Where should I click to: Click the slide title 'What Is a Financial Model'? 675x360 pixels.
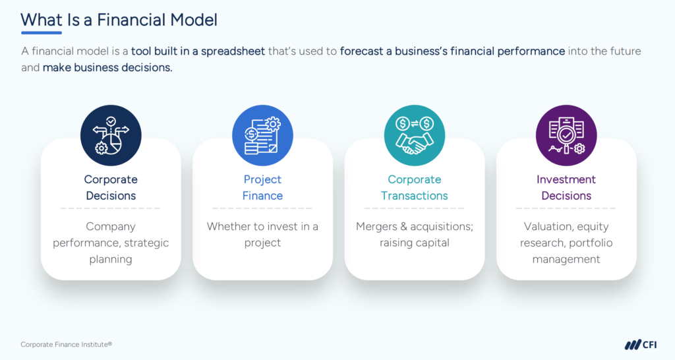[x=119, y=19]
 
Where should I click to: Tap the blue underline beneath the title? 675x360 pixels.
[x=41, y=32]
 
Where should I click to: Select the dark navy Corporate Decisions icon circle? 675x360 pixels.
[x=111, y=135]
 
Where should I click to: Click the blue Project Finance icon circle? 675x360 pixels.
[x=262, y=135]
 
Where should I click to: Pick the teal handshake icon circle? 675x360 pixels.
[x=415, y=135]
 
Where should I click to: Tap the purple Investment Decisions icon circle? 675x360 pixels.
[x=566, y=135]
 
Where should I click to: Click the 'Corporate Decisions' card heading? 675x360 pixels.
[x=111, y=187]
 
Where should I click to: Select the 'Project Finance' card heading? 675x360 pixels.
[x=262, y=187]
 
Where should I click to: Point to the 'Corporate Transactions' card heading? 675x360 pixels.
[x=415, y=187]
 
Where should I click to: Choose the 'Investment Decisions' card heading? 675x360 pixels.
[x=566, y=187]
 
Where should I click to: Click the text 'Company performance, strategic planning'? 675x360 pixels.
[x=111, y=243]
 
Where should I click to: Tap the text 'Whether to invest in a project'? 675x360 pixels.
[x=262, y=234]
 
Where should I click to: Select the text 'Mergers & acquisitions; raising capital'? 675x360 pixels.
[x=415, y=234]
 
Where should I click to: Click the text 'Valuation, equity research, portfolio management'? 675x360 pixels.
[x=566, y=243]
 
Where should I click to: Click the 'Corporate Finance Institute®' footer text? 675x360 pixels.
[x=66, y=344]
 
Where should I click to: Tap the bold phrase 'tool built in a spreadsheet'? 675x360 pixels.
[x=198, y=51]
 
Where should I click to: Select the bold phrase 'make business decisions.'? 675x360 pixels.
[x=107, y=68]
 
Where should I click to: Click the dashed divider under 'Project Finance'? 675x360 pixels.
[x=262, y=208]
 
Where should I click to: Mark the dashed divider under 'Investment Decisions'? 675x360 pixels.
[x=566, y=208]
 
